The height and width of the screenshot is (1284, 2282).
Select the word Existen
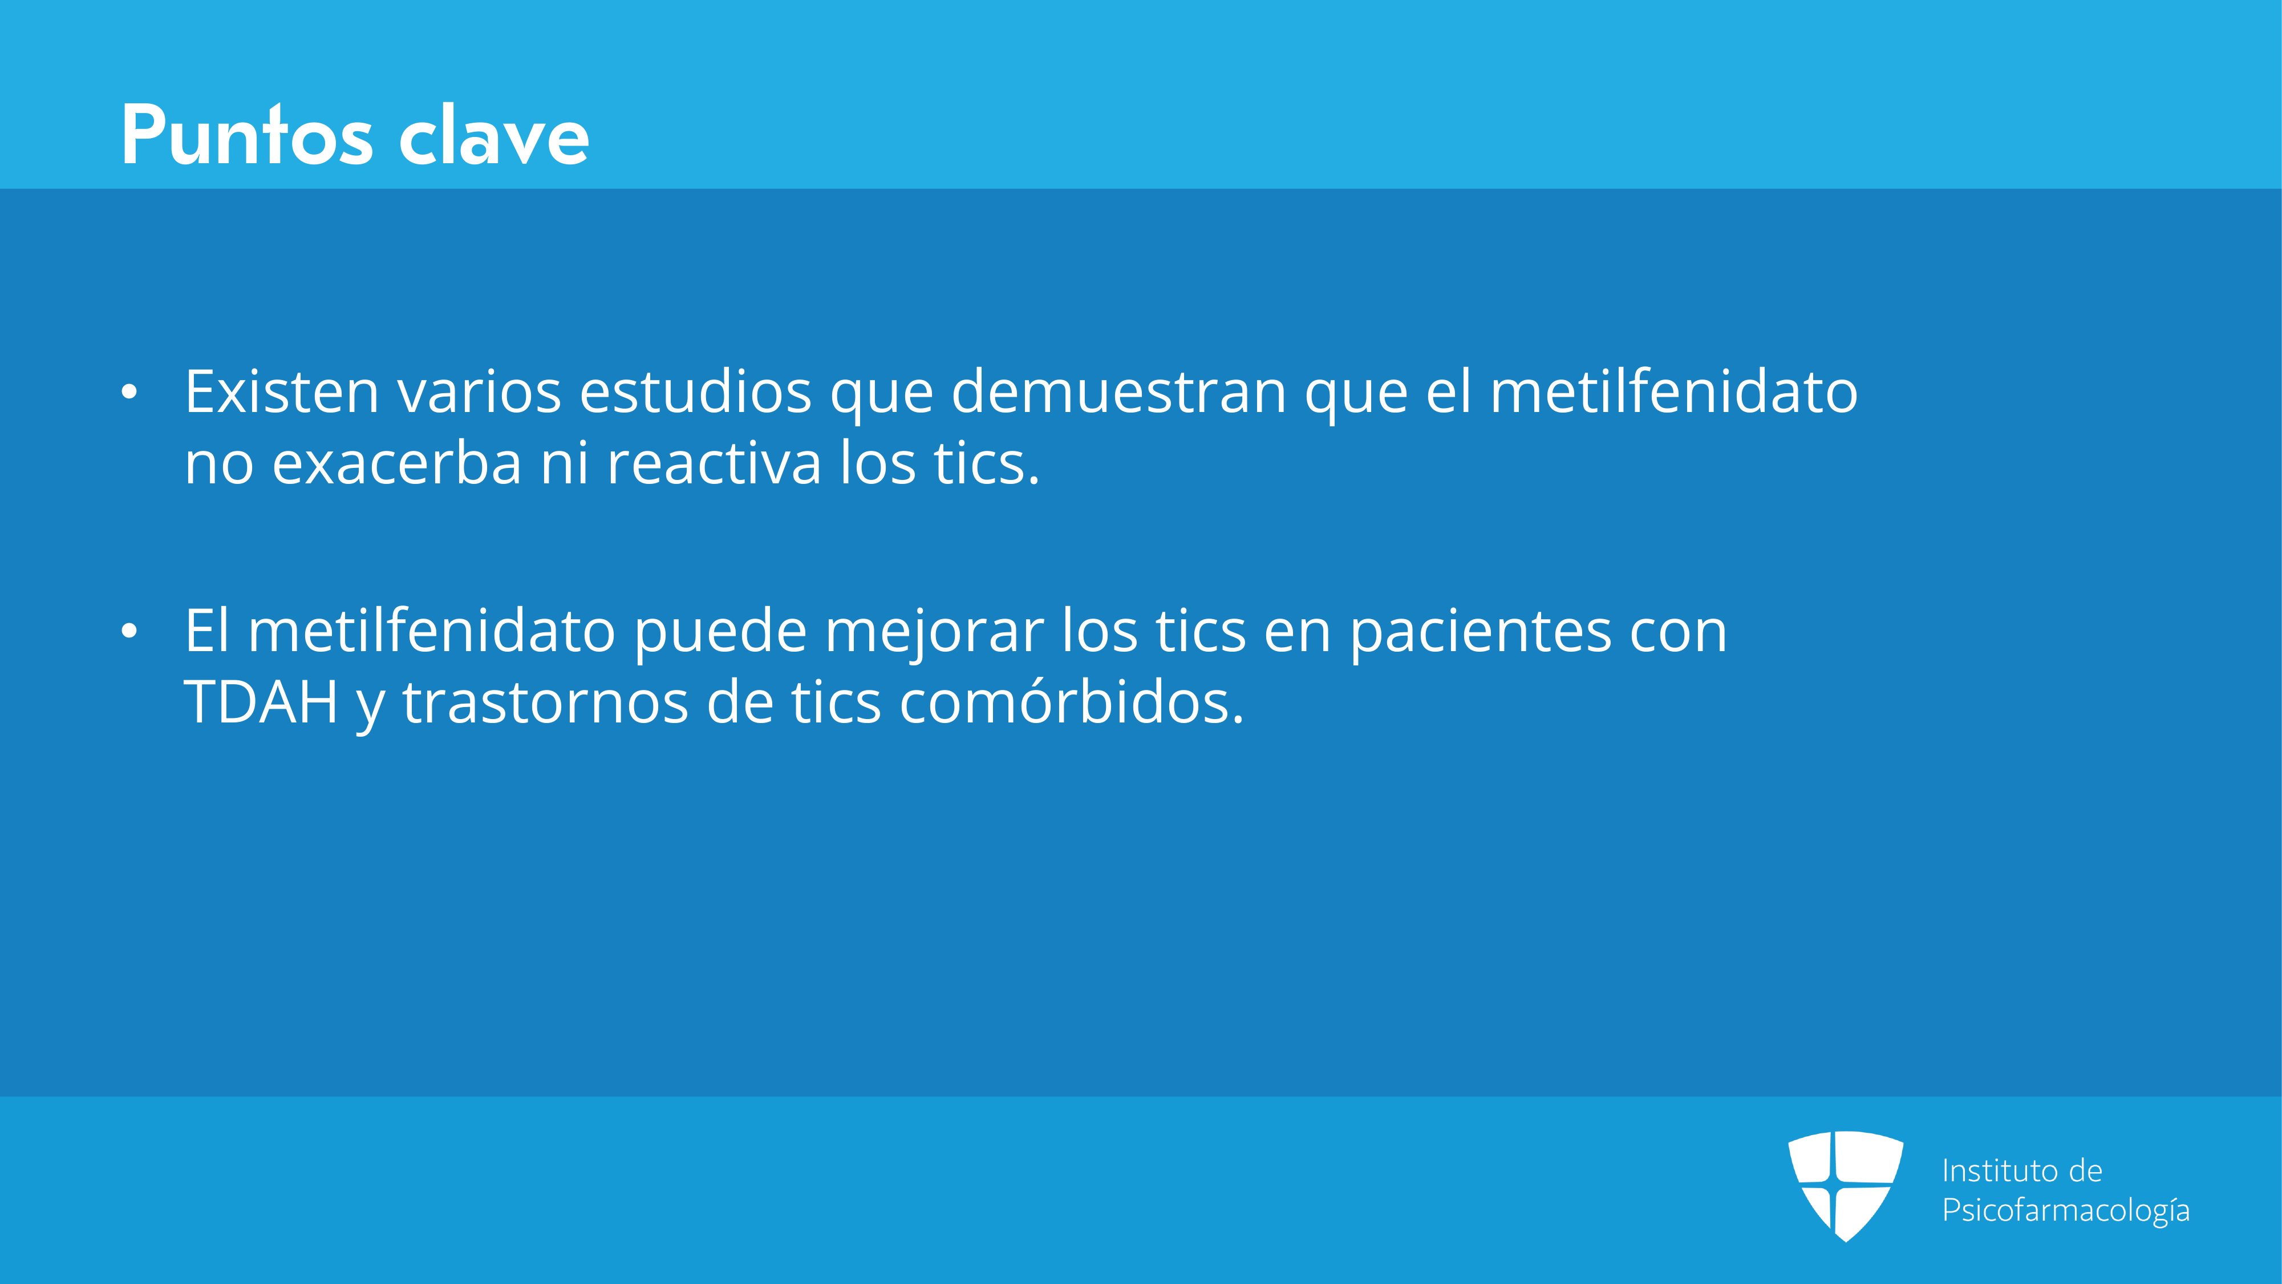click(282, 391)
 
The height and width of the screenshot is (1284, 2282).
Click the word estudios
click(695, 391)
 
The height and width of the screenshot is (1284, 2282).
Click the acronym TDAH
click(261, 702)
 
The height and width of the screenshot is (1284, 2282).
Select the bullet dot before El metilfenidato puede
click(129, 631)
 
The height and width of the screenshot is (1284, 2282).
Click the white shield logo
click(1845, 1186)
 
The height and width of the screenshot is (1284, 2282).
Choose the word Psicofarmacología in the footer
click(2066, 1210)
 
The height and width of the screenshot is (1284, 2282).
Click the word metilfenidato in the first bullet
click(1673, 391)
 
